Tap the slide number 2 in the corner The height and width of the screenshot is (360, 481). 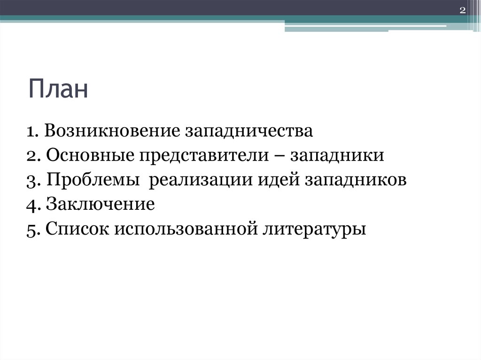click(x=462, y=11)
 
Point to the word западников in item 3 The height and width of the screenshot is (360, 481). click(x=356, y=181)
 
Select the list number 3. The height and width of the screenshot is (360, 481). click(x=31, y=181)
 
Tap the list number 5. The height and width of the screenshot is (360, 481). click(x=31, y=230)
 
